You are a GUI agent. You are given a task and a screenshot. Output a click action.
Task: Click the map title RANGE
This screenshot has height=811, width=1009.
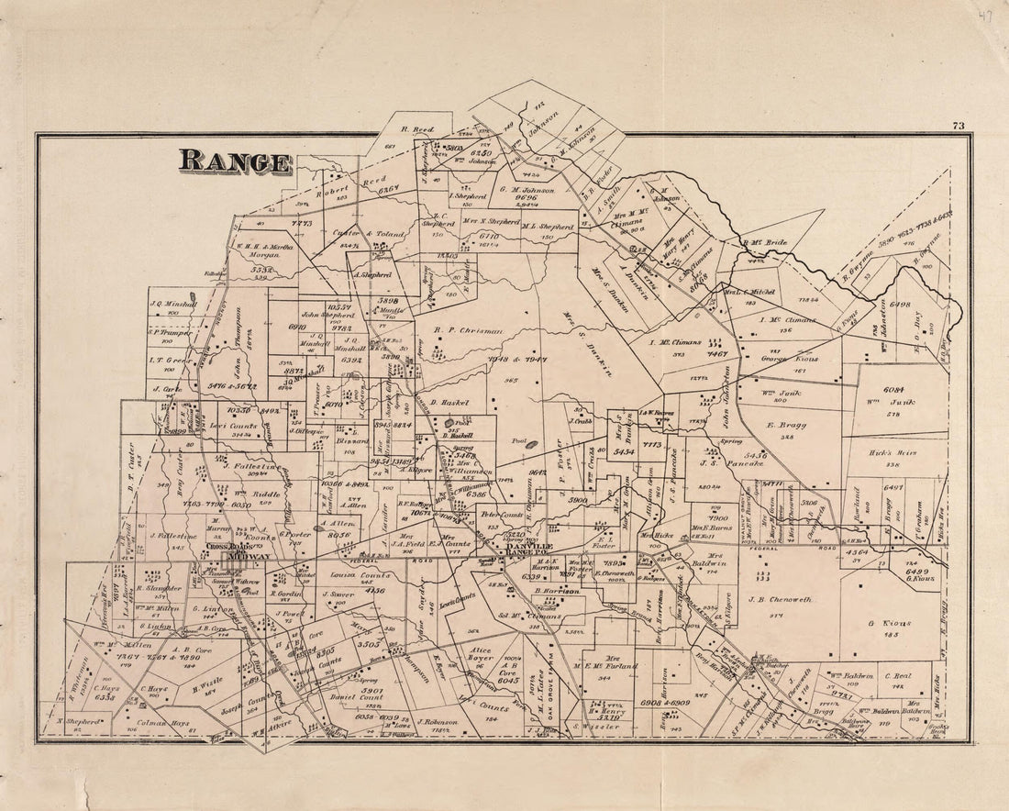[236, 161]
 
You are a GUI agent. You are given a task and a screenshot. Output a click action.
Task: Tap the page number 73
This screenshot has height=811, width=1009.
[959, 126]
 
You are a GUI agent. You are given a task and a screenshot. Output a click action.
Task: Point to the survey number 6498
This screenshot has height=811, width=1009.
[899, 305]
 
